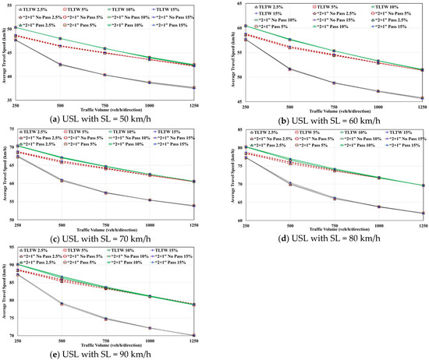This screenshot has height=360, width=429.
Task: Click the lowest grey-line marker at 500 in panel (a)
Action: [61, 64]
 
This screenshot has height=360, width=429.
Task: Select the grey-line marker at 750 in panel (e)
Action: [105, 319]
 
